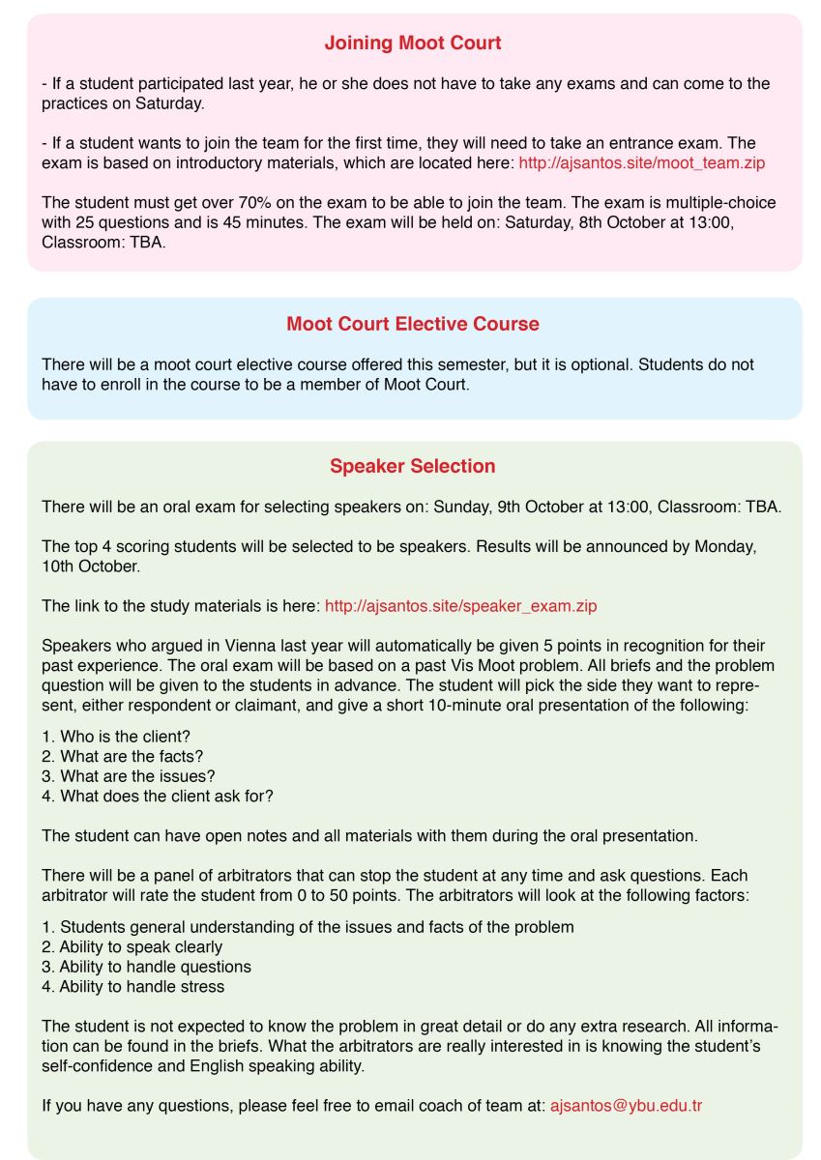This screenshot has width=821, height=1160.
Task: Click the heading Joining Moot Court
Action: (412, 43)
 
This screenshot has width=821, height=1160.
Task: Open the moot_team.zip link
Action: (641, 162)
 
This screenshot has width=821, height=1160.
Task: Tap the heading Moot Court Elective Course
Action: (412, 324)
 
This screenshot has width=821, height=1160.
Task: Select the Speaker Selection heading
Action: (412, 466)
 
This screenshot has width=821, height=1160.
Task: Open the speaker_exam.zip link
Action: (460, 606)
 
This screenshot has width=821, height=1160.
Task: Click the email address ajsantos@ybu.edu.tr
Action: (626, 1104)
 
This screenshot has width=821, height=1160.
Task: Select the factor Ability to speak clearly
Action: (140, 946)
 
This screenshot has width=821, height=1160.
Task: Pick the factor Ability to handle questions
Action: (155, 966)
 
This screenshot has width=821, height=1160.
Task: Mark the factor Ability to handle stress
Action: (141, 986)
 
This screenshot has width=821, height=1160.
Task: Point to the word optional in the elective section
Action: (617, 364)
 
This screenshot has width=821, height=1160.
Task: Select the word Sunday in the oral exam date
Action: (462, 507)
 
